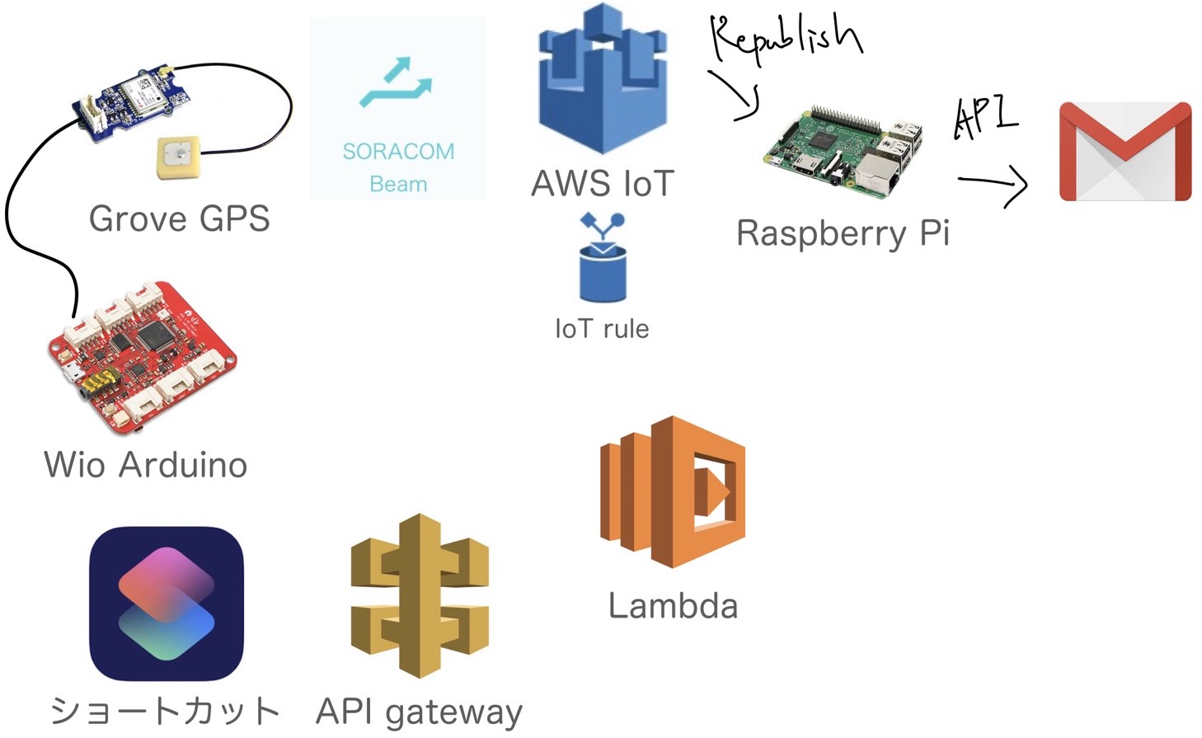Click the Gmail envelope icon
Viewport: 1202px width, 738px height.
click(1125, 152)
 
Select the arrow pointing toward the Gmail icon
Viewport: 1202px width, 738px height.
click(994, 184)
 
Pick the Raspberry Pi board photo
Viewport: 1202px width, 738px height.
click(843, 153)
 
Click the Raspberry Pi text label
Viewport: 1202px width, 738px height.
click(843, 233)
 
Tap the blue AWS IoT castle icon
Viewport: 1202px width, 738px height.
click(603, 81)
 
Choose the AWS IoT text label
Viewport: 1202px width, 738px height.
click(603, 184)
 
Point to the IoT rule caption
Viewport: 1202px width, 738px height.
click(602, 329)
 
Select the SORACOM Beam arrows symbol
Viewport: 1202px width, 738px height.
click(397, 83)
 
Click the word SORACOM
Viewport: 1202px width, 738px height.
click(398, 152)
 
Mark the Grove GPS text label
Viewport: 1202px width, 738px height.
click(179, 219)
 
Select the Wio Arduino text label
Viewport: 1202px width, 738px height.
click(146, 465)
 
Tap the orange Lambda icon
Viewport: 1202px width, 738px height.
click(673, 491)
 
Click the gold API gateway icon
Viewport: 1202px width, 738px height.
click(420, 595)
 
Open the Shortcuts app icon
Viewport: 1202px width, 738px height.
click(167, 604)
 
